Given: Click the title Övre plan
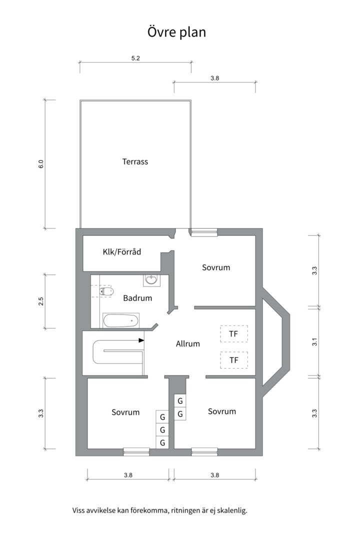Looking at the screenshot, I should (176, 32).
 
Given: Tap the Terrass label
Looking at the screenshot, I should (135, 161).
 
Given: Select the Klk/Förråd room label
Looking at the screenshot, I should (122, 251).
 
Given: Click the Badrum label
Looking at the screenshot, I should (137, 298).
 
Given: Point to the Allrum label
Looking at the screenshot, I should (188, 343).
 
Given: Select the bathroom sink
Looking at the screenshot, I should (151, 279).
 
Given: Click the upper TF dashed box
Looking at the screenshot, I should (233, 333).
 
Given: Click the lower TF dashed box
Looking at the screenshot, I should (233, 360).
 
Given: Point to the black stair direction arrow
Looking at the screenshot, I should (141, 340).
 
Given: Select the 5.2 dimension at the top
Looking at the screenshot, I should (135, 58).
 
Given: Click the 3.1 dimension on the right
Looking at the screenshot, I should (314, 342).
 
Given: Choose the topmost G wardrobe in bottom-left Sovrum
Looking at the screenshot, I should (162, 417).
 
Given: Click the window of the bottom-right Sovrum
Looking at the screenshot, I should (204, 452).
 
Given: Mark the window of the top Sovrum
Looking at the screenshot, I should (204, 232).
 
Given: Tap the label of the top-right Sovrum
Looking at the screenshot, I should (216, 267).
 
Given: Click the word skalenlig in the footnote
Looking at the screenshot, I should (232, 510).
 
